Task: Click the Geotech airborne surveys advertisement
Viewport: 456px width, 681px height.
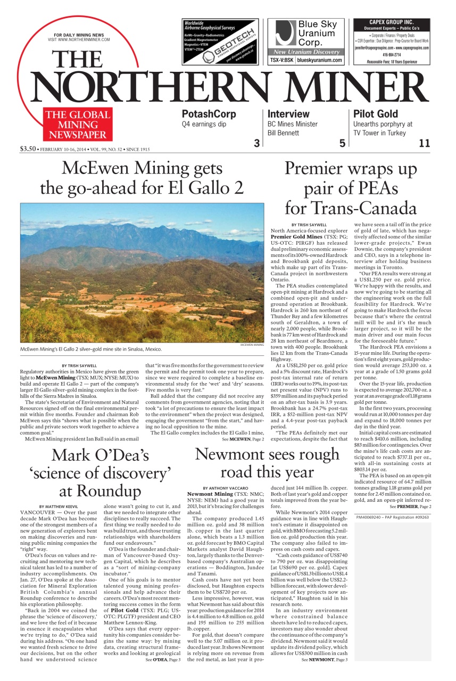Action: [220, 41]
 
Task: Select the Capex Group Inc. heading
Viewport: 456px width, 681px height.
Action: [391, 22]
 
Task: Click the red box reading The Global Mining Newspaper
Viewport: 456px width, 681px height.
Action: [78, 124]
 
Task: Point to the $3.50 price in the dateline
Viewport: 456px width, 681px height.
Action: [27, 149]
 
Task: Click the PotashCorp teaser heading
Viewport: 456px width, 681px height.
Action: [209, 114]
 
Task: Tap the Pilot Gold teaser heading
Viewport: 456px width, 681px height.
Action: [375, 114]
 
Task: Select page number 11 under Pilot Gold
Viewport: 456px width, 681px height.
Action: [424, 143]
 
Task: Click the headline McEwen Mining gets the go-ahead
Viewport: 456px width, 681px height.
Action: [142, 178]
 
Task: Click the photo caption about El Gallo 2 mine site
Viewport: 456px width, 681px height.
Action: [90, 350]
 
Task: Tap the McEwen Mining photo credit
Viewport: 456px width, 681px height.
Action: [251, 345]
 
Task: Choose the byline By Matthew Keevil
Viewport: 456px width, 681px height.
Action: [58, 506]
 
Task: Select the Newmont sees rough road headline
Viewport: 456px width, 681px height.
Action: [267, 463]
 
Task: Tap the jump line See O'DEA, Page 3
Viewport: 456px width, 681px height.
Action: [163, 660]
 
